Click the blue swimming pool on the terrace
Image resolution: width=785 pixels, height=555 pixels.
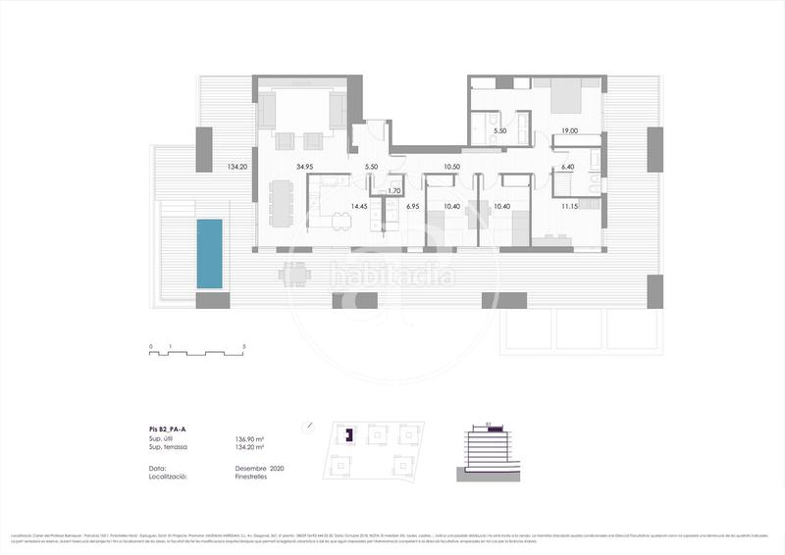(x=210, y=253)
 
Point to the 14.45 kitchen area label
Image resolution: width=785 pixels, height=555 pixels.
(x=360, y=206)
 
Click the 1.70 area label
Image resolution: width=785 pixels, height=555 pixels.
(x=395, y=190)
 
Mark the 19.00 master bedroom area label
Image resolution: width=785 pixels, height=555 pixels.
(x=569, y=130)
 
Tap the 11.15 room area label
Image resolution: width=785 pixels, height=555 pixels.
(x=569, y=207)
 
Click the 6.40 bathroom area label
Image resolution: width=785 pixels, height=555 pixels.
(x=568, y=167)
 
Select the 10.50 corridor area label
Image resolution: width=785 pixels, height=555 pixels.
(x=452, y=166)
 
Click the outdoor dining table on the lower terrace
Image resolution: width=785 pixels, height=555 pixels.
(x=294, y=275)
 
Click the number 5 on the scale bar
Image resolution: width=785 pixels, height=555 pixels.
(x=243, y=348)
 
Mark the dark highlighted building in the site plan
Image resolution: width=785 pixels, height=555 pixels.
(x=345, y=433)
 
